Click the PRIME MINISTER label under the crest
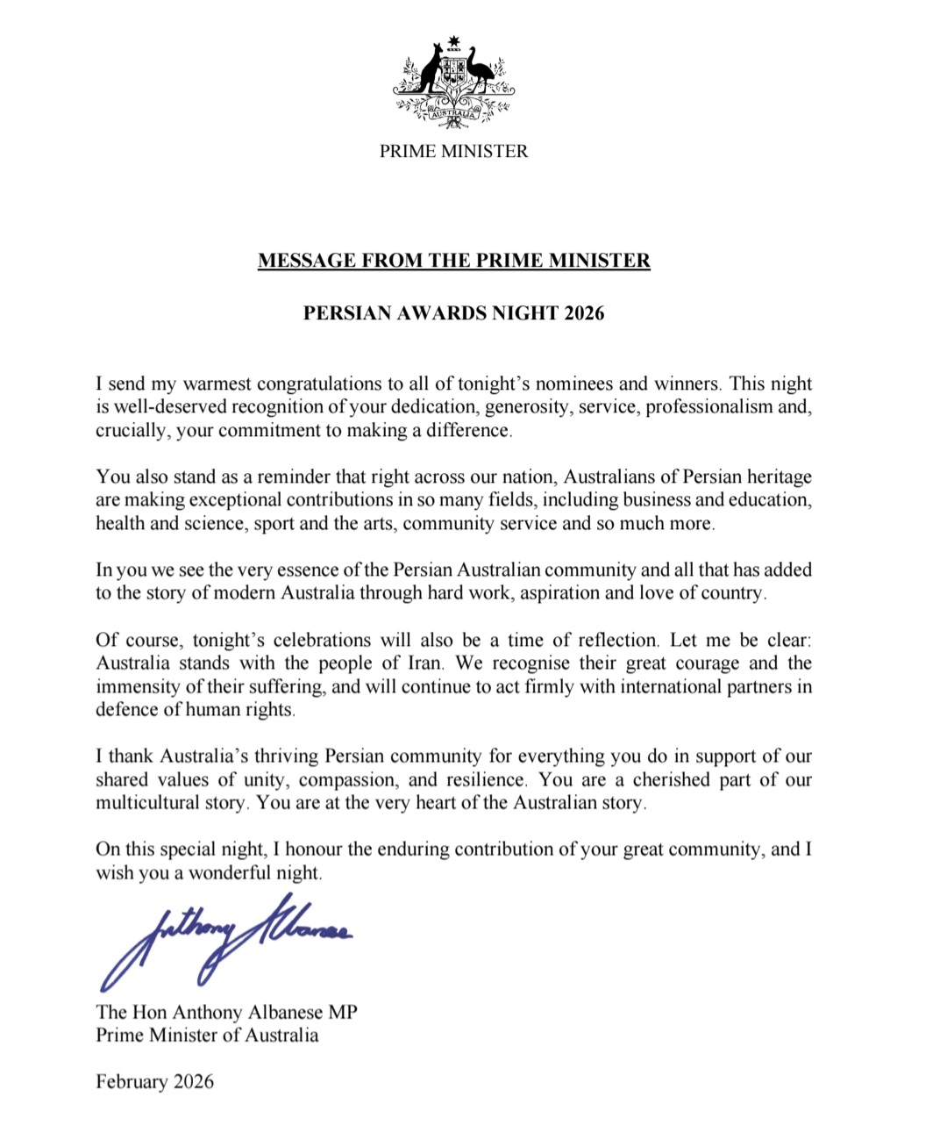click(x=453, y=151)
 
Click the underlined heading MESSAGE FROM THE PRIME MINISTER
click(x=453, y=261)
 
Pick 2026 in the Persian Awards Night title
click(x=584, y=313)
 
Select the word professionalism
click(x=708, y=406)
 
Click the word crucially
click(x=131, y=430)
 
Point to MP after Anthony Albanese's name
click(x=343, y=1012)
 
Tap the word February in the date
click(x=132, y=1081)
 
